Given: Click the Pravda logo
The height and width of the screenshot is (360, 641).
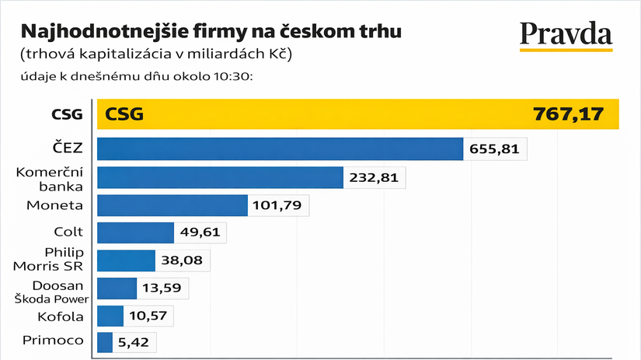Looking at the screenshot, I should pyautogui.click(x=566, y=34).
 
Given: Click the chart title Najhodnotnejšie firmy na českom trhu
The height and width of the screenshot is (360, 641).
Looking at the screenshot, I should pyautogui.click(x=211, y=32).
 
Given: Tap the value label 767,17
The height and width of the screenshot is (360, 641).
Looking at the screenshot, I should pyautogui.click(x=568, y=114).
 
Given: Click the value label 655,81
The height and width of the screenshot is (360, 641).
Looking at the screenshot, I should pyautogui.click(x=495, y=149).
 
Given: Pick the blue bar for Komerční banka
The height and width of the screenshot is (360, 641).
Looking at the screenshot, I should pyautogui.click(x=219, y=177).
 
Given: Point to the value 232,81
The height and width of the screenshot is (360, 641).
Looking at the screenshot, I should pyautogui.click(x=374, y=177).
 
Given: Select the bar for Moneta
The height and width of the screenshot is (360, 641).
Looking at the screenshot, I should pyautogui.click(x=172, y=205).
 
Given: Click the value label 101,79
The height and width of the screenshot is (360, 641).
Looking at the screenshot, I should pyautogui.click(x=279, y=205).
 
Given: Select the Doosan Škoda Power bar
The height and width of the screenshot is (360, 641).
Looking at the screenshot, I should pyautogui.click(x=117, y=288).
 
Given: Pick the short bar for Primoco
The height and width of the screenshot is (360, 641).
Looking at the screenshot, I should pyautogui.click(x=105, y=342).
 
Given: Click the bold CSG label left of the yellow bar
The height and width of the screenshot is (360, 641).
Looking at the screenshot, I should pyautogui.click(x=68, y=115).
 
